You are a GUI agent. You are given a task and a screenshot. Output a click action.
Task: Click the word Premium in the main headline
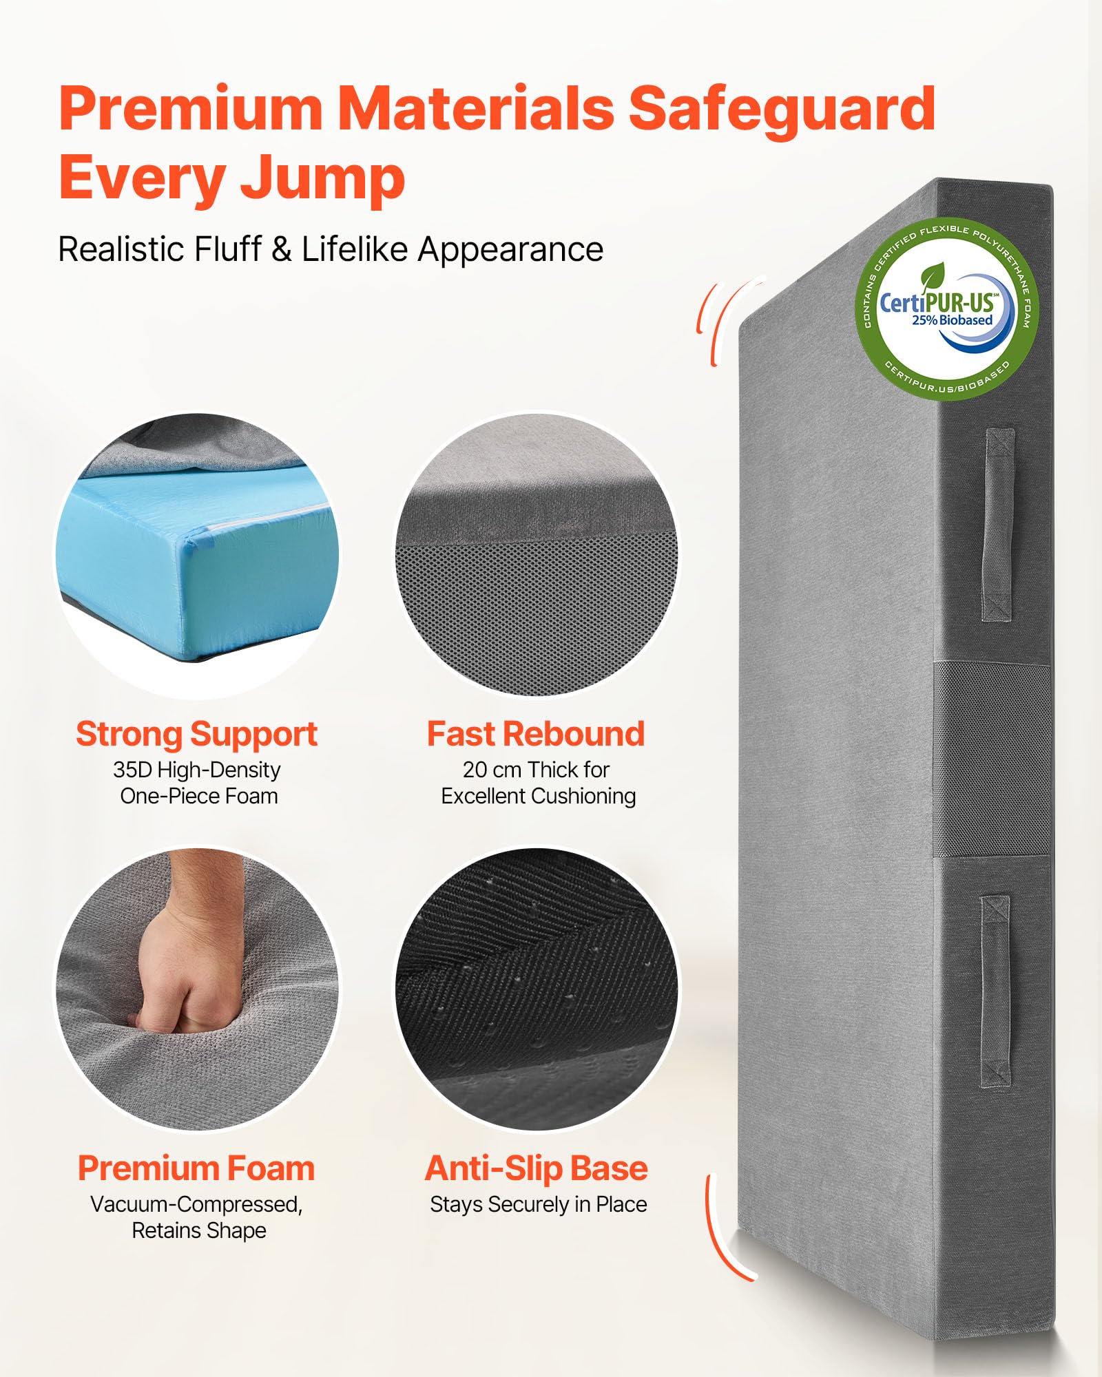191,108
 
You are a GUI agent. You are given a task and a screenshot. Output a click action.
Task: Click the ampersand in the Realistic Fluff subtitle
282,249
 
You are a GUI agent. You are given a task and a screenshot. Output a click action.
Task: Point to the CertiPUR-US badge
947,311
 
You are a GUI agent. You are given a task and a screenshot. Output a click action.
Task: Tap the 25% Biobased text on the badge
952,320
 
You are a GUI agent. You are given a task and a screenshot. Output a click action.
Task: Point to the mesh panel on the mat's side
992,759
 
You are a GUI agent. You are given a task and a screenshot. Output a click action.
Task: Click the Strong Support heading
197,735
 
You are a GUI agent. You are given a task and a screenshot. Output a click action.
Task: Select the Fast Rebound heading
536,734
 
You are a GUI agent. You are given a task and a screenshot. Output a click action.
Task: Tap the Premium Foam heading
196,1168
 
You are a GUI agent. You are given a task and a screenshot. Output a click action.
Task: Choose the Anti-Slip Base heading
537,1168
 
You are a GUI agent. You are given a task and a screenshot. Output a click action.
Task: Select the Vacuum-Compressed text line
196,1205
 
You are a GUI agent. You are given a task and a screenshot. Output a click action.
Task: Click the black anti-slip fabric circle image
537,989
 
